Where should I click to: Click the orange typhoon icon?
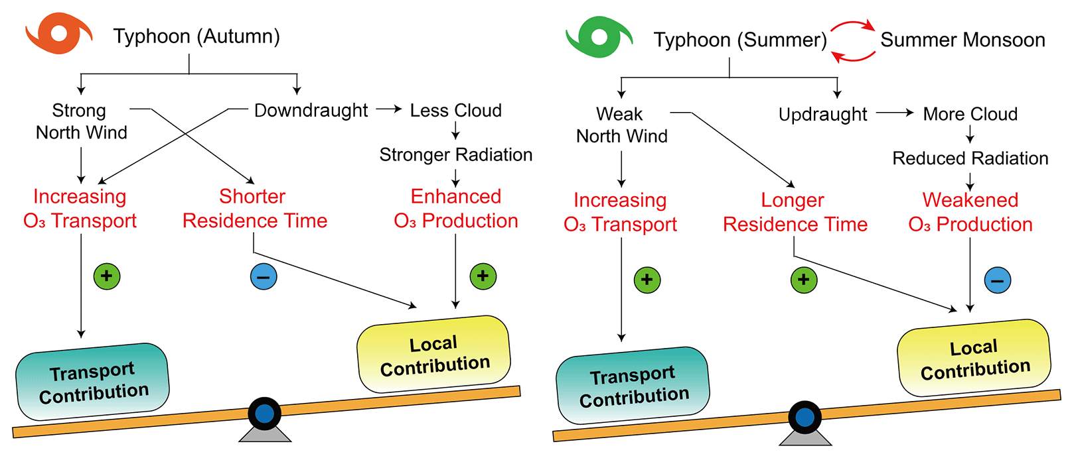(58, 33)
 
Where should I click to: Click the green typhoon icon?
(599, 37)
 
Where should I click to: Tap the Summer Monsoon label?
(962, 40)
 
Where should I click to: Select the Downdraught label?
(311, 110)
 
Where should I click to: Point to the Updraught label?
(822, 114)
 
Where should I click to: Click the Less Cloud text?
(455, 110)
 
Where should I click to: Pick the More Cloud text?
(970, 114)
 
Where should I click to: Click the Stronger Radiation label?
(455, 154)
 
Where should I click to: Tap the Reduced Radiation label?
(970, 158)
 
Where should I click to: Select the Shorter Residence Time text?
(254, 208)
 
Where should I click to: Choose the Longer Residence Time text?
(795, 212)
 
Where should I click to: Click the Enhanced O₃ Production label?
(455, 208)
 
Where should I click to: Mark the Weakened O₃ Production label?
(970, 212)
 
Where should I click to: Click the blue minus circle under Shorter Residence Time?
(264, 276)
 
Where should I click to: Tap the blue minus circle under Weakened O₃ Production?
(997, 280)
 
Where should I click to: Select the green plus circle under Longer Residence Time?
(803, 280)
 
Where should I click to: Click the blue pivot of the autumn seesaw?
(264, 414)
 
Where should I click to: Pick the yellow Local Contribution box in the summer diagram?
(974, 358)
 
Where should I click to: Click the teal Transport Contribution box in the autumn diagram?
(93, 382)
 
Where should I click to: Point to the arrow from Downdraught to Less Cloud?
(389, 109)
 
